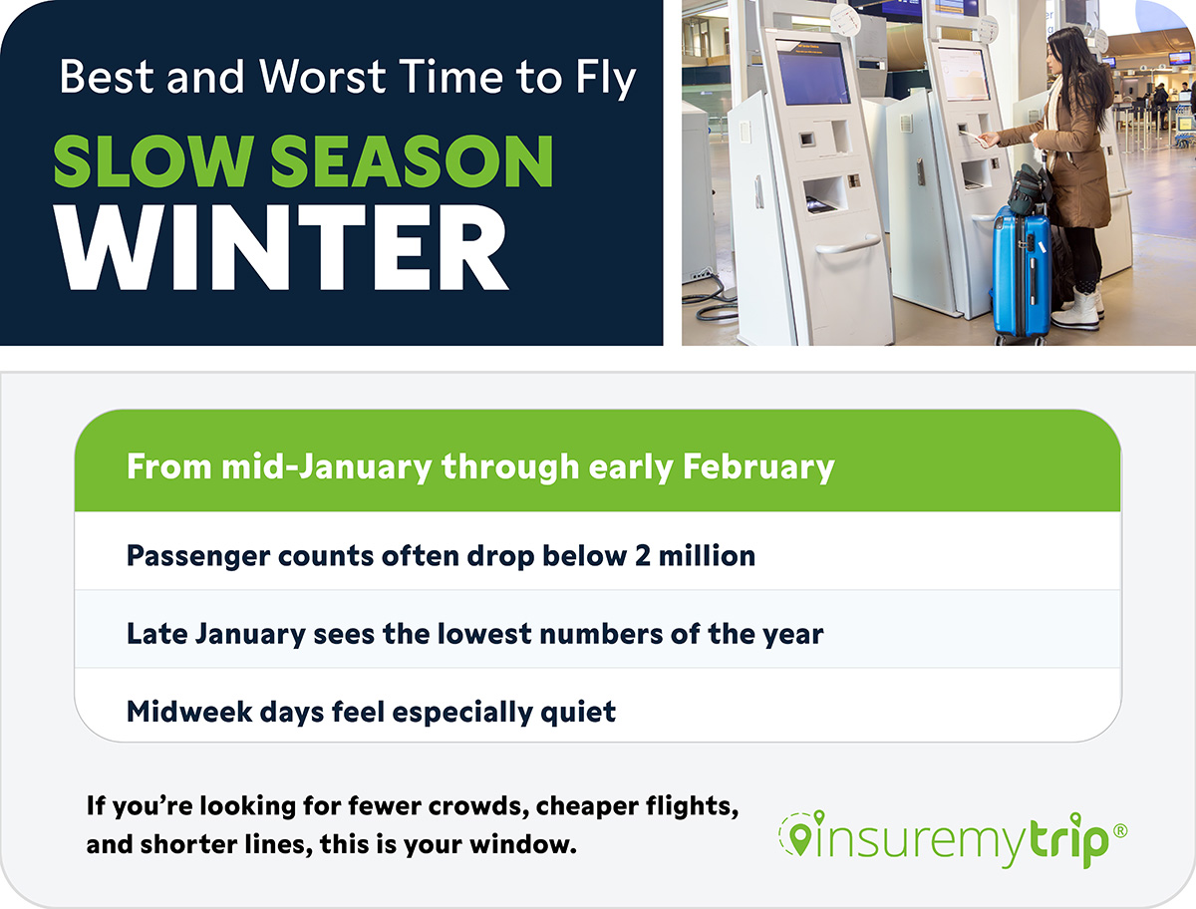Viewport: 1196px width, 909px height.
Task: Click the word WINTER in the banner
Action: (x=281, y=248)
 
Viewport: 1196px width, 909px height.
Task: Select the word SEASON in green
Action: (x=412, y=161)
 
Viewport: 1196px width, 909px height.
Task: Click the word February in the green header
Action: (x=758, y=468)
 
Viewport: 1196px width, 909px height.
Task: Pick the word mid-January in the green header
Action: (x=327, y=468)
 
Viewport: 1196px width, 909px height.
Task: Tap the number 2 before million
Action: (x=643, y=556)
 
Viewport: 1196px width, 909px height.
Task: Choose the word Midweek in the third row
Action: (x=189, y=712)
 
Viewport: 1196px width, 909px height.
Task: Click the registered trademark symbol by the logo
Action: (x=1120, y=830)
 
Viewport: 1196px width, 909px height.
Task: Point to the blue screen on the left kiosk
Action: (x=813, y=72)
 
